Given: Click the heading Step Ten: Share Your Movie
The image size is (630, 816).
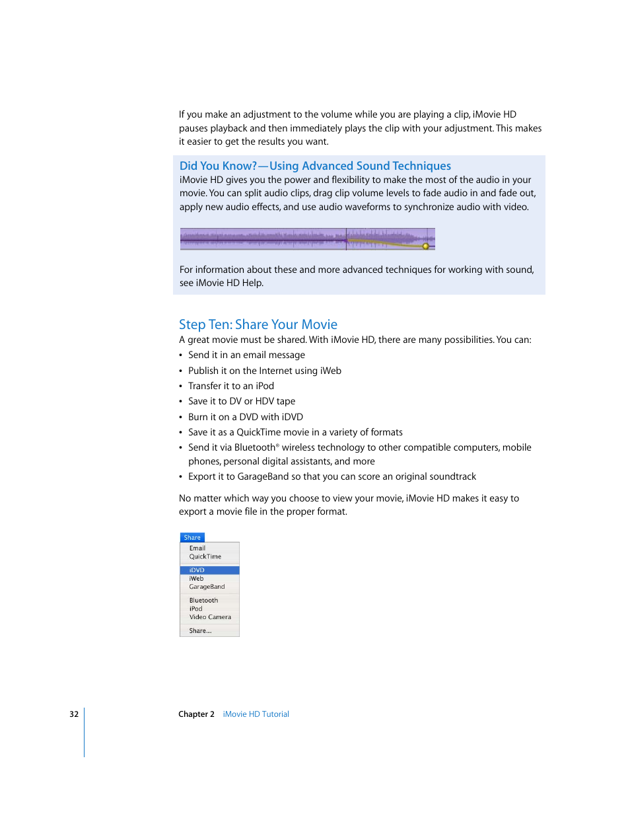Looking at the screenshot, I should (258, 324).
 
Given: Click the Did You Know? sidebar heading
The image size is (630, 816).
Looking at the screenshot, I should (315, 166).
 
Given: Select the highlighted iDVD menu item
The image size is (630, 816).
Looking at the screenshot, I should (197, 570).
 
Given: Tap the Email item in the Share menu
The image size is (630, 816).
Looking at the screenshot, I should (197, 548).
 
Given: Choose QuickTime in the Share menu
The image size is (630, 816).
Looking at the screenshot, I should (205, 557).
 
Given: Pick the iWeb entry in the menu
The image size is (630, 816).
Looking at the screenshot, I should (196, 579).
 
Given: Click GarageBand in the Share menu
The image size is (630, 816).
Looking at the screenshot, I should (207, 587).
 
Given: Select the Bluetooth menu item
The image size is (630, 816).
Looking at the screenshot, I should (203, 601).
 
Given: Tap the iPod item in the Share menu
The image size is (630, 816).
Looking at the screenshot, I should (195, 609).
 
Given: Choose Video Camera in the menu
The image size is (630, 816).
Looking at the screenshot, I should (210, 617).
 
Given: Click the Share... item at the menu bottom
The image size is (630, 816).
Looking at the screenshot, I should (200, 631).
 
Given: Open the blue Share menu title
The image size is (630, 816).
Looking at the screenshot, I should (192, 538).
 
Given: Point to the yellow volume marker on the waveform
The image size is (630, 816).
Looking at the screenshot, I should (425, 246).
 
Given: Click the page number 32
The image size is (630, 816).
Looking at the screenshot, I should (74, 714).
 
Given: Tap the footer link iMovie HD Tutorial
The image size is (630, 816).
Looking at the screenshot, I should (256, 714).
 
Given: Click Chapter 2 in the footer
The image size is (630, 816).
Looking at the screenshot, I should (196, 714).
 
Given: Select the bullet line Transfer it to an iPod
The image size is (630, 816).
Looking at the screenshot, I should (230, 386).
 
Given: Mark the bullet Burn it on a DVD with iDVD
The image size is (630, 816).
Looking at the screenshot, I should (245, 417).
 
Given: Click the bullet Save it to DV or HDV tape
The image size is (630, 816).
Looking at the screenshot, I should (241, 401).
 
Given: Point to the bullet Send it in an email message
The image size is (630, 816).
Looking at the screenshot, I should (246, 355).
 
